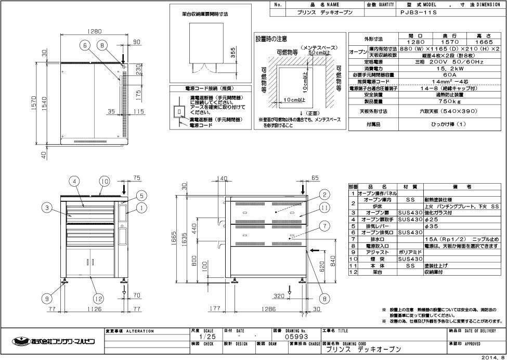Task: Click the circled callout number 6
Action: click(84, 46)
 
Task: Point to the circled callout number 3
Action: click(47, 208)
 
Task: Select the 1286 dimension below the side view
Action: click(269, 308)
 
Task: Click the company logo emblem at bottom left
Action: click(20, 341)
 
